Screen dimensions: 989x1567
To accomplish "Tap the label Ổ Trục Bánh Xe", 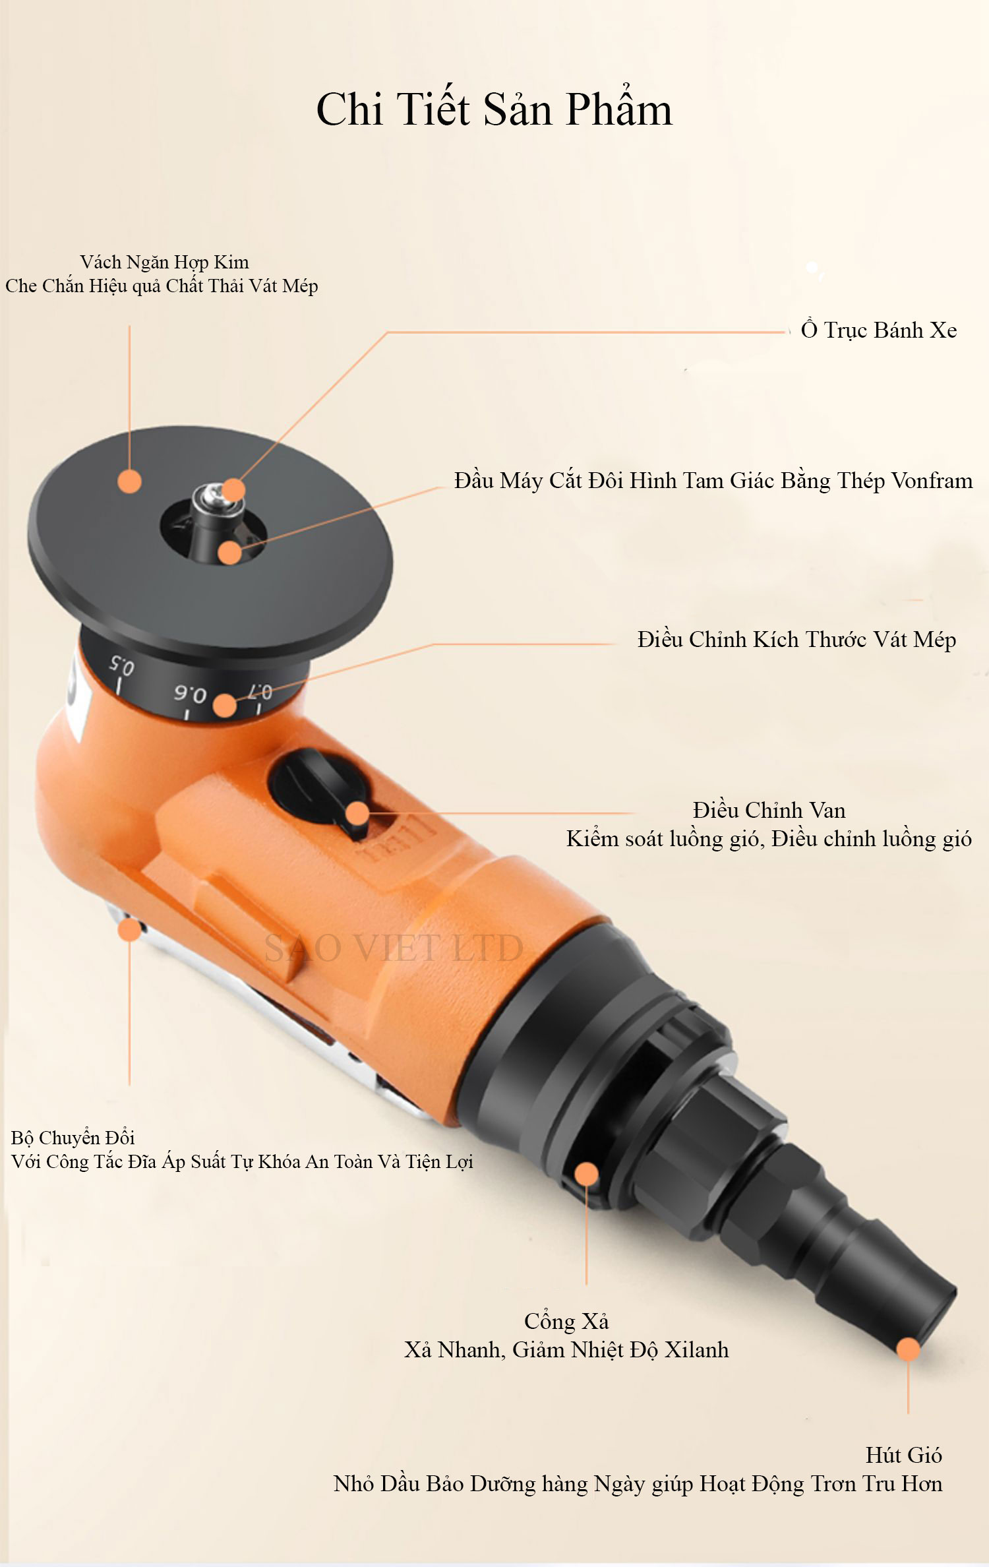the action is (x=879, y=329).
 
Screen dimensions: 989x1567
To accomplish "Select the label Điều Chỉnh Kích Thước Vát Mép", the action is (x=796, y=639).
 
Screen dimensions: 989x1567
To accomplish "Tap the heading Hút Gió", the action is (x=903, y=1454).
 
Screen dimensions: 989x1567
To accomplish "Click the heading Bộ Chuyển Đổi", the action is (x=73, y=1137).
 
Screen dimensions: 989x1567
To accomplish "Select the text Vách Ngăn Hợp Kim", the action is (x=164, y=262).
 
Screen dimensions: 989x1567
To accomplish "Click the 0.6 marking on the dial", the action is (x=191, y=692).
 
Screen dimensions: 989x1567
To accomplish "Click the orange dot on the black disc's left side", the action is (x=130, y=481).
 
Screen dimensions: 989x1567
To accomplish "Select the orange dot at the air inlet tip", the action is (x=908, y=1349).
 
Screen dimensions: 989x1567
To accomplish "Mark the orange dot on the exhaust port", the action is (x=586, y=1173).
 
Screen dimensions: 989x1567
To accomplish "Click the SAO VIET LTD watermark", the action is (x=394, y=948).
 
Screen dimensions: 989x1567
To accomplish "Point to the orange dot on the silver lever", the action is (x=130, y=929).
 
